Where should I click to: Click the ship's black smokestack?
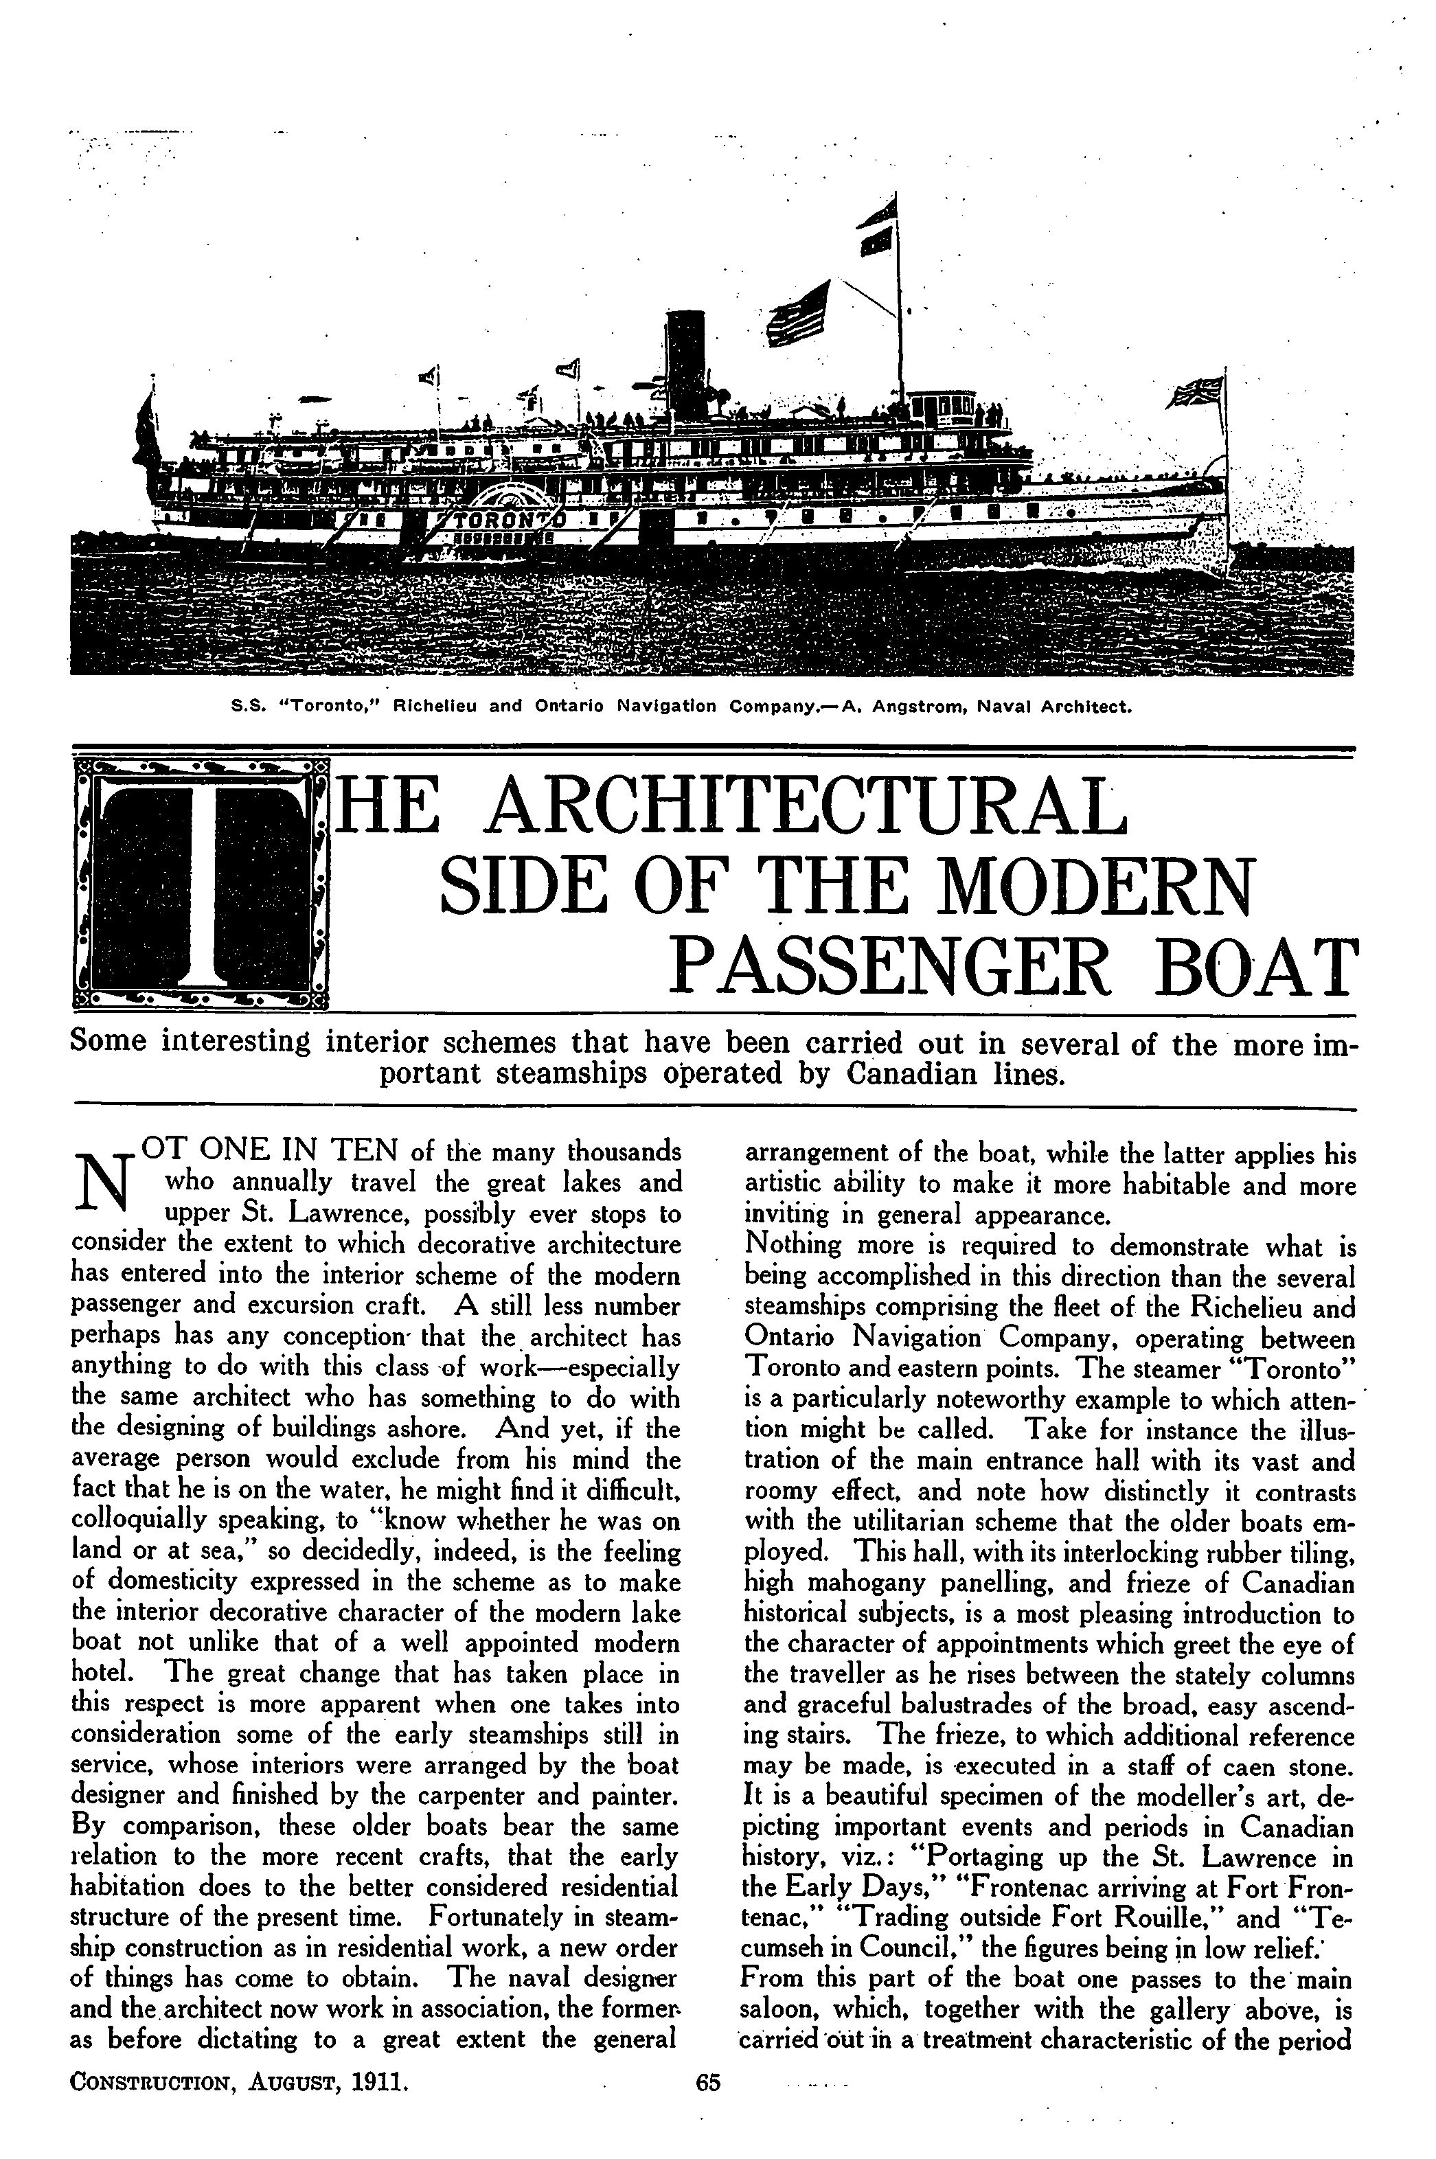684,362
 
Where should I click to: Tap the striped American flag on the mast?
797,313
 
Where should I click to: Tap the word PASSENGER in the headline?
887,967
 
